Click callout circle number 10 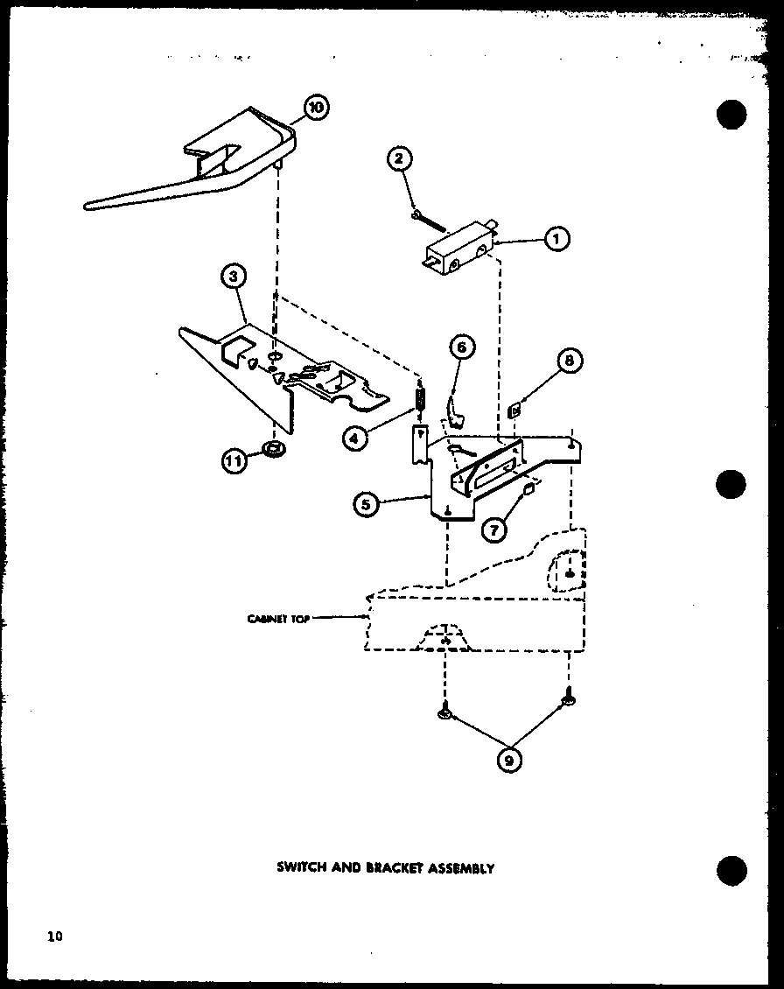315,108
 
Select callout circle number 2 398,158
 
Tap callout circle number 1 556,238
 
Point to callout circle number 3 232,277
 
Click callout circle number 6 462,347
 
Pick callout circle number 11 234,460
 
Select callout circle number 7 493,530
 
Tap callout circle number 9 507,760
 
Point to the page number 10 55,936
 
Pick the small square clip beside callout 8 515,406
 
